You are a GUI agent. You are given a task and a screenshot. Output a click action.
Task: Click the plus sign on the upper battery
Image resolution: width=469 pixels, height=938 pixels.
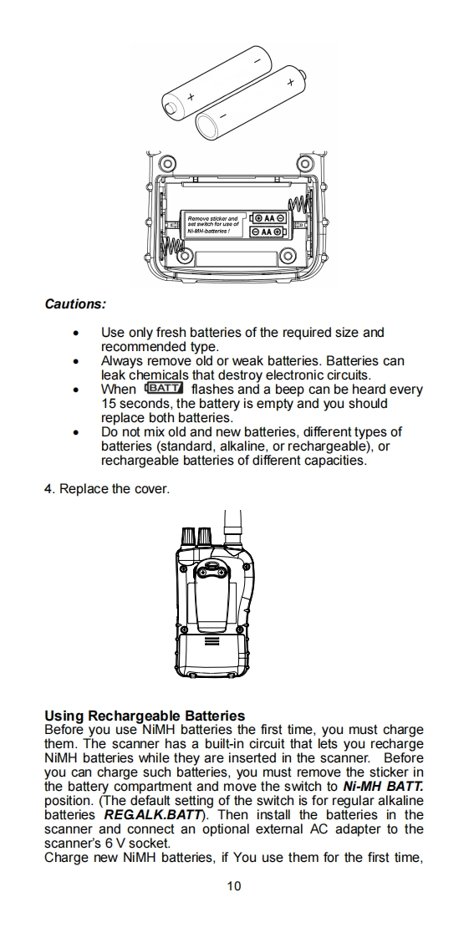pyautogui.click(x=191, y=97)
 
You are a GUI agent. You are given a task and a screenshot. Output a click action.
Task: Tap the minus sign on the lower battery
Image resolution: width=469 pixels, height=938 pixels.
pyautogui.click(x=222, y=115)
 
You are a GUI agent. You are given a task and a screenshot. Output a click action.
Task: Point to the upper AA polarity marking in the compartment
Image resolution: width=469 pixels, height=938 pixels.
pyautogui.click(x=268, y=218)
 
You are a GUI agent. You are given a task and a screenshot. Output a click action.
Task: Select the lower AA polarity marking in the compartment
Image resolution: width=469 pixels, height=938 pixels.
pyautogui.click(x=268, y=232)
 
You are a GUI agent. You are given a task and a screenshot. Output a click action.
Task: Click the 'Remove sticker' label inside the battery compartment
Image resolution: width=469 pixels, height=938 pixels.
pyautogui.click(x=213, y=224)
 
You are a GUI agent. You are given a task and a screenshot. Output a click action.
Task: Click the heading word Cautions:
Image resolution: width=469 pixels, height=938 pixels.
pyautogui.click(x=75, y=304)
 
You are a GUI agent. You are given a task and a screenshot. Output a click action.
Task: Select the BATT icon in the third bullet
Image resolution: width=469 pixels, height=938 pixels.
pyautogui.click(x=164, y=388)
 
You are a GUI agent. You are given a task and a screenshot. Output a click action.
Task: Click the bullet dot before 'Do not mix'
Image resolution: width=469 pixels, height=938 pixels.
pyautogui.click(x=75, y=432)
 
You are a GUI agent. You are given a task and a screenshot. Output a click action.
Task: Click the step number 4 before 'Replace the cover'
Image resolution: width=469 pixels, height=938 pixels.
pyautogui.click(x=48, y=489)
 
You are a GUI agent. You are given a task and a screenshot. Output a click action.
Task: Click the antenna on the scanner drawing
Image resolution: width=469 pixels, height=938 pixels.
pyautogui.click(x=232, y=527)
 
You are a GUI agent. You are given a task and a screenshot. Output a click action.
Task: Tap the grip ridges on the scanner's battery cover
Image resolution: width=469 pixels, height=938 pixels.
pyautogui.click(x=212, y=640)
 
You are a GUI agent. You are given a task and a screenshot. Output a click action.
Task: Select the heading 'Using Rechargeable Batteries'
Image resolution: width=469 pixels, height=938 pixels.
pyautogui.click(x=145, y=716)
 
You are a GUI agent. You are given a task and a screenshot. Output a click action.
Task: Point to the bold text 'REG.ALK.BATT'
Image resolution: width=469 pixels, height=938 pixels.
pyautogui.click(x=152, y=815)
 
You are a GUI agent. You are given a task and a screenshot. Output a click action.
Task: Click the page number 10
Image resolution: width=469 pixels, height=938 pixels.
pyautogui.click(x=234, y=886)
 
